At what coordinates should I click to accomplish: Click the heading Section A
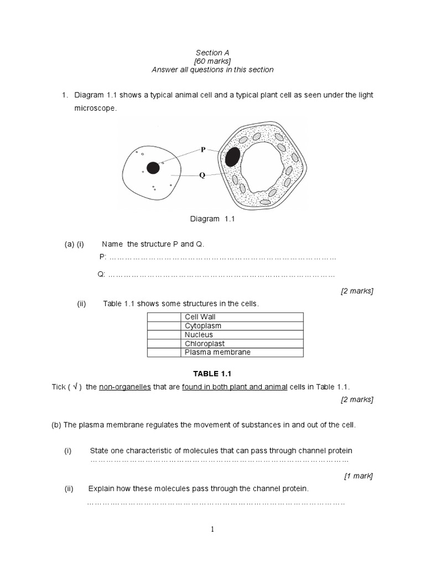pos(213,53)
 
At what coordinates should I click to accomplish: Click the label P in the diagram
pos(203,150)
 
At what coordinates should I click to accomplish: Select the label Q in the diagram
pos(203,175)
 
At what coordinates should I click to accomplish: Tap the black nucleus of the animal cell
pos(153,168)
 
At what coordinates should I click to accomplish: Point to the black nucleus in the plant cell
pos(233,157)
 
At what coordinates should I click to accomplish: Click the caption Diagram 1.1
pos(213,219)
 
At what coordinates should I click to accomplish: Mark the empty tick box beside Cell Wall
pos(164,317)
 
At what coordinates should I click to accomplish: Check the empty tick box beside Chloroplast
pos(164,343)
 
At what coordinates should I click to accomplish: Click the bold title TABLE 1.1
pos(212,374)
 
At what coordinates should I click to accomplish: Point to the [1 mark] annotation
pos(358,475)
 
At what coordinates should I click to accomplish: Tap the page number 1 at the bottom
pos(212,529)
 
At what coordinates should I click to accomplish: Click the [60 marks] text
pos(212,61)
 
